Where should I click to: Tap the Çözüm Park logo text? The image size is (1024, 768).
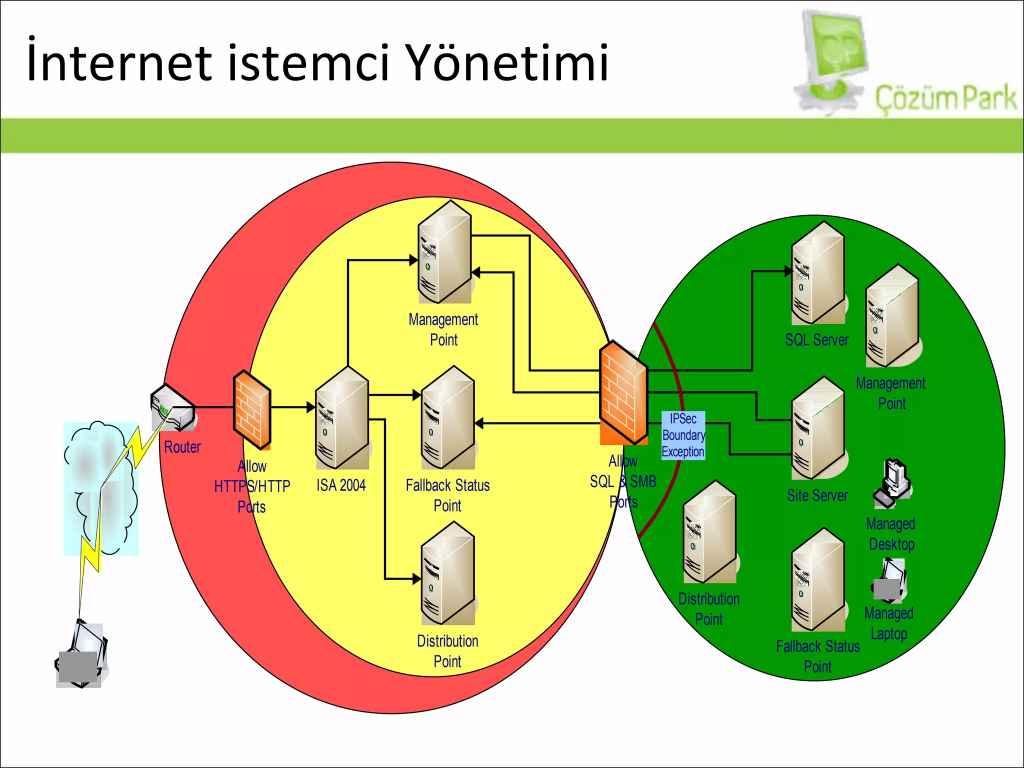[x=945, y=98]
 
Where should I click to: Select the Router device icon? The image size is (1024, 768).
[x=173, y=407]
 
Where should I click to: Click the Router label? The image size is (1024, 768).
[x=182, y=447]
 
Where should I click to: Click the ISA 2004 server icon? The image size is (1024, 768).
[x=342, y=417]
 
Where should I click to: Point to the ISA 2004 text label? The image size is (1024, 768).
[x=341, y=485]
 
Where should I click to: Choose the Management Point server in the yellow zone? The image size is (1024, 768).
[x=444, y=252]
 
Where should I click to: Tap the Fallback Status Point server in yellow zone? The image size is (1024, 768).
[x=448, y=417]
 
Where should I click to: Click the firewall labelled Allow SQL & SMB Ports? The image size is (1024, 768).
[x=623, y=392]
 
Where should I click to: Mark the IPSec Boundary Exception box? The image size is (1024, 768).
[x=683, y=435]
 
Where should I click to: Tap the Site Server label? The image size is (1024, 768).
[x=817, y=495]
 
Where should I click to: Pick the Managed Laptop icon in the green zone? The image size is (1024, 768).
[x=890, y=580]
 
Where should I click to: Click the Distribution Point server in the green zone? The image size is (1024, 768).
[x=709, y=532]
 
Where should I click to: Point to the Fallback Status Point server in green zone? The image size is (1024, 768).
[x=818, y=580]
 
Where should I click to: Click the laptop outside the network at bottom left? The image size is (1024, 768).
[x=81, y=655]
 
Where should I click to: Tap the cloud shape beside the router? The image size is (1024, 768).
[x=100, y=487]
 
